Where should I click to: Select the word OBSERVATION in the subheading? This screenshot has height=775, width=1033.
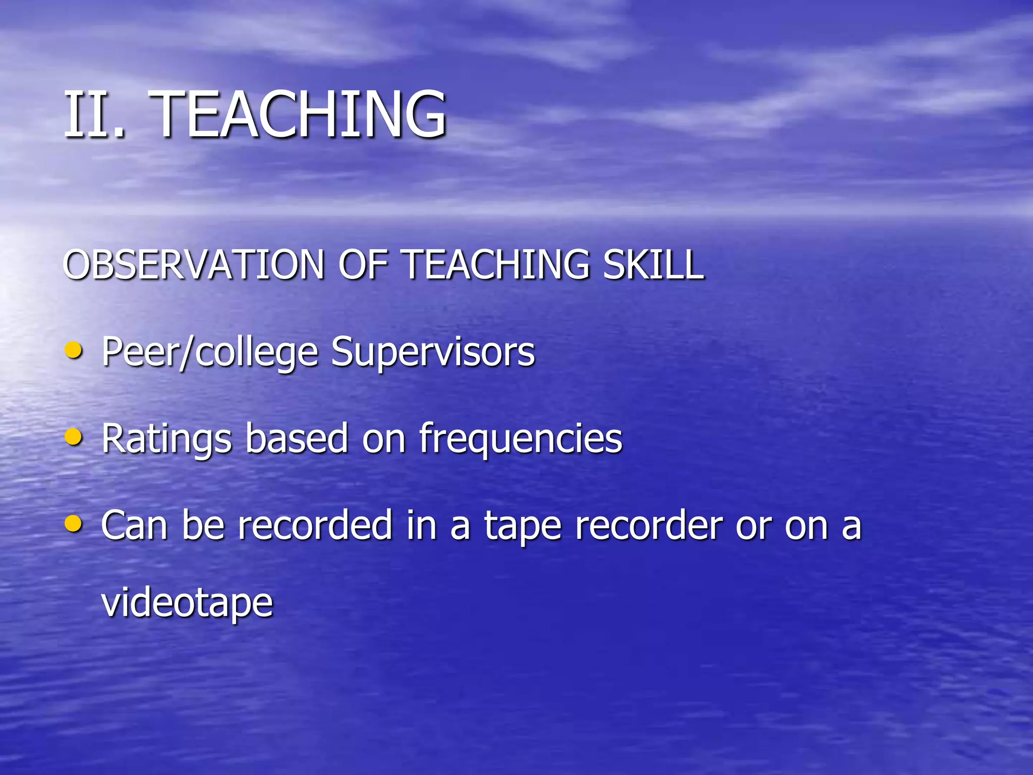click(x=194, y=264)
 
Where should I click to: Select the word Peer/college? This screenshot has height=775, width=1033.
click(x=210, y=352)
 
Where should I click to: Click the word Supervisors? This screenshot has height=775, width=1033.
click(x=433, y=351)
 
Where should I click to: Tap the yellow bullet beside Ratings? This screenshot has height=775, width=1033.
click(x=74, y=436)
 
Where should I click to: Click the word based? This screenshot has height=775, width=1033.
click(x=297, y=438)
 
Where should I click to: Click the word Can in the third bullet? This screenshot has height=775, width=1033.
click(x=134, y=525)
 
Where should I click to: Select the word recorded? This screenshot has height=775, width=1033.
click(x=315, y=525)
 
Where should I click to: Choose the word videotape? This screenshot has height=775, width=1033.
click(x=187, y=602)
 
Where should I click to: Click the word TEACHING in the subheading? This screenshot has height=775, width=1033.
click(x=497, y=264)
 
